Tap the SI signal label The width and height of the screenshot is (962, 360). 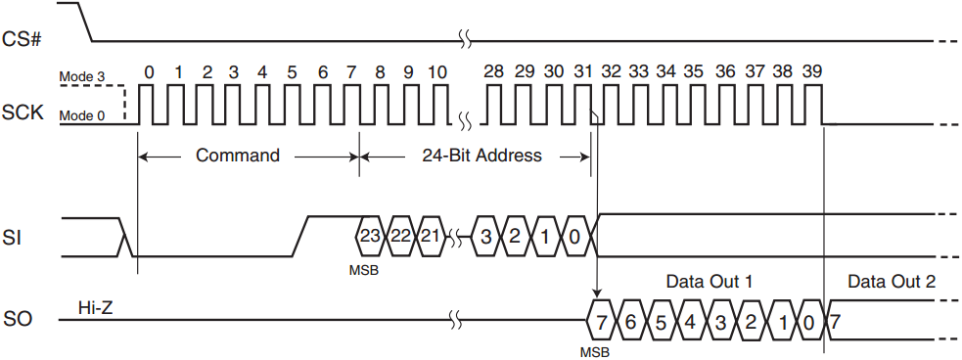[16, 236]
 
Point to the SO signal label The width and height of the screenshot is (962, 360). [19, 320]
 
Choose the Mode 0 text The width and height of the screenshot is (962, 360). [81, 116]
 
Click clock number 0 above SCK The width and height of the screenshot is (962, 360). [149, 72]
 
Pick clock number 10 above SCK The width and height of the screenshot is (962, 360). [437, 72]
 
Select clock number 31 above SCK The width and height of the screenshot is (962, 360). [582, 72]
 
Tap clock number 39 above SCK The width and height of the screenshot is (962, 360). [812, 72]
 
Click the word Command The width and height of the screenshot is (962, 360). [238, 156]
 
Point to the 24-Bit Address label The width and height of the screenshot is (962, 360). [481, 156]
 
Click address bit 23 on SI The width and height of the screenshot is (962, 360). [369, 236]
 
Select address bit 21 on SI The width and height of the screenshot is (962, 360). [429, 236]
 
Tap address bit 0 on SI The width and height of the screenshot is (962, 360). [574, 236]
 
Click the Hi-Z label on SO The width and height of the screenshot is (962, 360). [95, 309]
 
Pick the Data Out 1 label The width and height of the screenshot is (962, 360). [709, 282]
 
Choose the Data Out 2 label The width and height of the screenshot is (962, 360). [891, 282]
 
